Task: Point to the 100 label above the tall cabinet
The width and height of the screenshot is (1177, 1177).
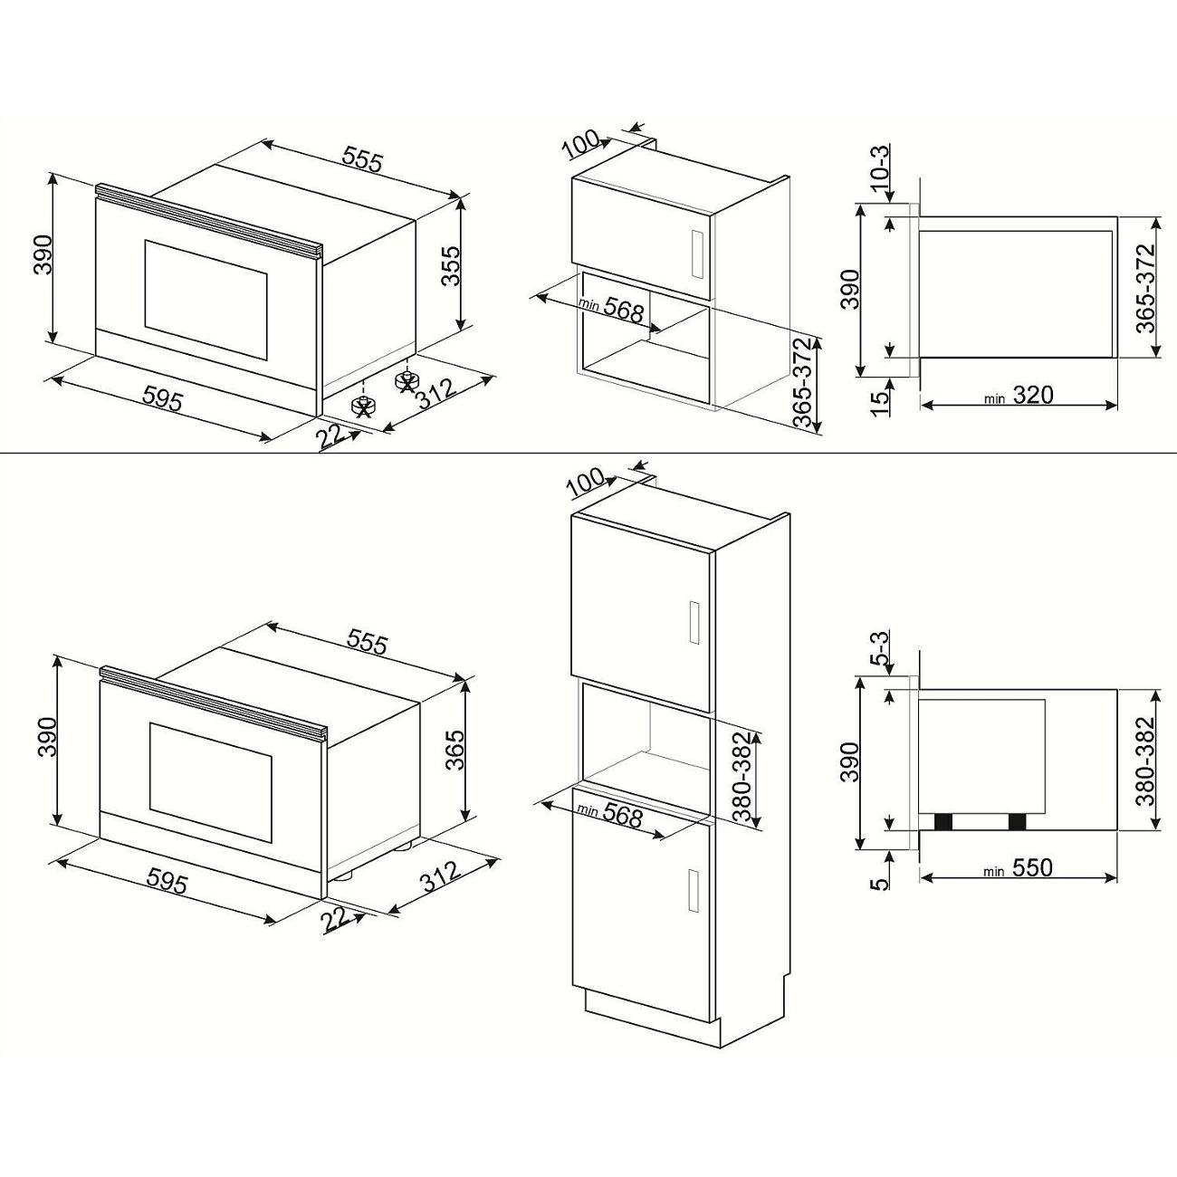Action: pos(588,483)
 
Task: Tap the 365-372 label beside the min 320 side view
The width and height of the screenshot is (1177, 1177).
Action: pos(1146,288)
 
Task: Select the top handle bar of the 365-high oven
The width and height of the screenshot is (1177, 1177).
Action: pos(213,703)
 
